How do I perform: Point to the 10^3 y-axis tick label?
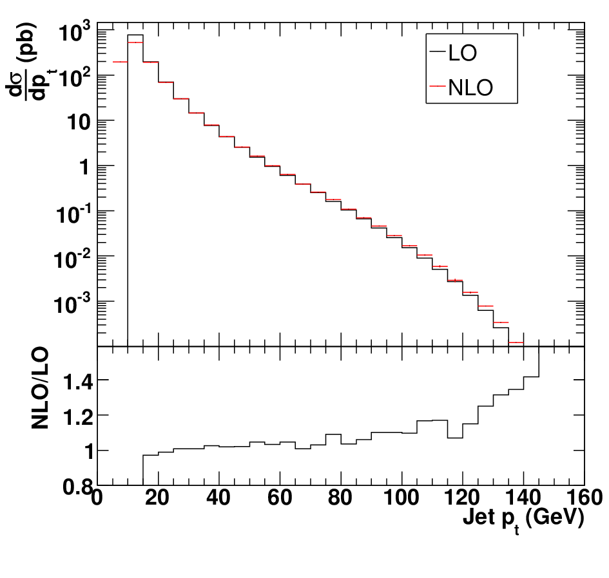click(x=74, y=31)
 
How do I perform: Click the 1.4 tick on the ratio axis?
click(x=78, y=382)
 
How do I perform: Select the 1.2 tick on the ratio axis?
click(x=78, y=417)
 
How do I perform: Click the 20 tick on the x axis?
click(x=157, y=498)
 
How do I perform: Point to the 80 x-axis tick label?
click(x=340, y=498)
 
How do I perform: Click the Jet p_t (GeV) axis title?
click(x=523, y=519)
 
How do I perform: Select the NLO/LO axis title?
click(x=40, y=388)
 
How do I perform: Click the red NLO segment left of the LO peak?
click(x=120, y=62)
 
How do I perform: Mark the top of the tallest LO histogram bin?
click(x=135, y=35)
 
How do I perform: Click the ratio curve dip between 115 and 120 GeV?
click(x=455, y=438)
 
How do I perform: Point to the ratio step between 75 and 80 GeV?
click(x=333, y=434)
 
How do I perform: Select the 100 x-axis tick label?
click(x=401, y=498)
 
